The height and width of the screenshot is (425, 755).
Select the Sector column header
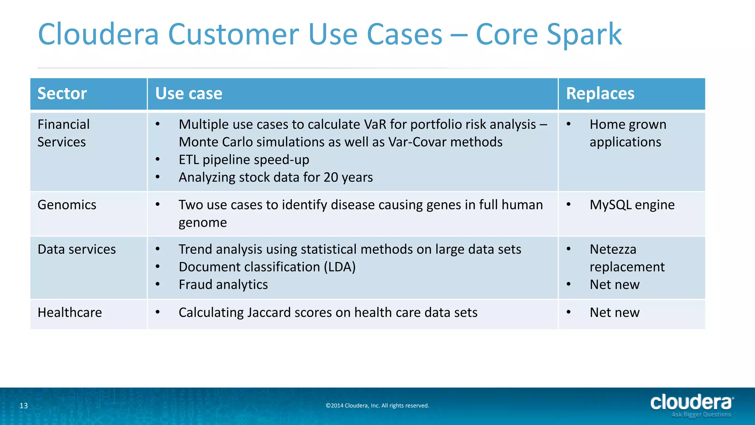[x=62, y=94]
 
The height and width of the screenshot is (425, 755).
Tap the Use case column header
[x=188, y=94]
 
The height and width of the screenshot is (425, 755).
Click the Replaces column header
[x=600, y=94]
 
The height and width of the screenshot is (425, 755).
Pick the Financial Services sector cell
[x=63, y=133]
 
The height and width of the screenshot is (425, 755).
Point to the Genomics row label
[x=67, y=205]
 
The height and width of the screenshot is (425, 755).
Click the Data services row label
[x=77, y=249]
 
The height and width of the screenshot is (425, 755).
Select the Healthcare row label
[x=70, y=312]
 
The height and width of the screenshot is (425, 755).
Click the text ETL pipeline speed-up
[x=244, y=160]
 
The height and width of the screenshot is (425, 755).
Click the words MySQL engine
[x=632, y=205]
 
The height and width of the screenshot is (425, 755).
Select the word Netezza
[x=613, y=249]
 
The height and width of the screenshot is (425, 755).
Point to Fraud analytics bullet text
[x=223, y=285]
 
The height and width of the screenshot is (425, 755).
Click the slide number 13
[x=24, y=406]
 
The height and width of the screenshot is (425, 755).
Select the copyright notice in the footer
[x=377, y=406]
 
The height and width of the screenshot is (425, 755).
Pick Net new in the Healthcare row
[x=614, y=312]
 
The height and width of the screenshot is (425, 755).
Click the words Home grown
[x=628, y=125]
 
